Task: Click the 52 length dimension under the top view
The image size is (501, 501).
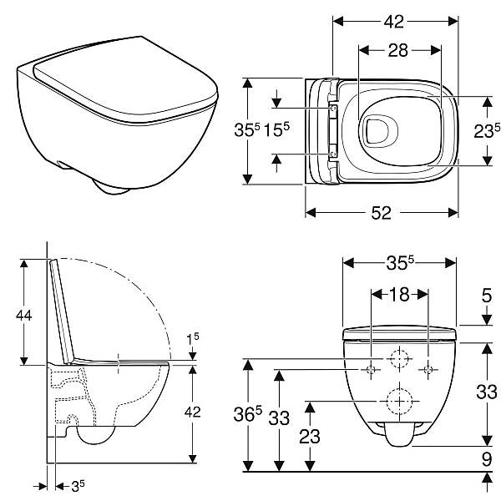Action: pyautogui.click(x=381, y=213)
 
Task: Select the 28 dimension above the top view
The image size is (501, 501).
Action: pyautogui.click(x=398, y=51)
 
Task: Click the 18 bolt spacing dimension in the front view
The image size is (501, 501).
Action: pyautogui.click(x=399, y=294)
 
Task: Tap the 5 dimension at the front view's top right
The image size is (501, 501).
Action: pyautogui.click(x=487, y=294)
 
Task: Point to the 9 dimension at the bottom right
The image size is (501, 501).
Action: pyautogui.click(x=487, y=458)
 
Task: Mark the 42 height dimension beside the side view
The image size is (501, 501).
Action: pyautogui.click(x=193, y=411)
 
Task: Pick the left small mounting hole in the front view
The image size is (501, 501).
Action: pyautogui.click(x=371, y=369)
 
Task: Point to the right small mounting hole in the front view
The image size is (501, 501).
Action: pyautogui.click(x=428, y=369)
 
